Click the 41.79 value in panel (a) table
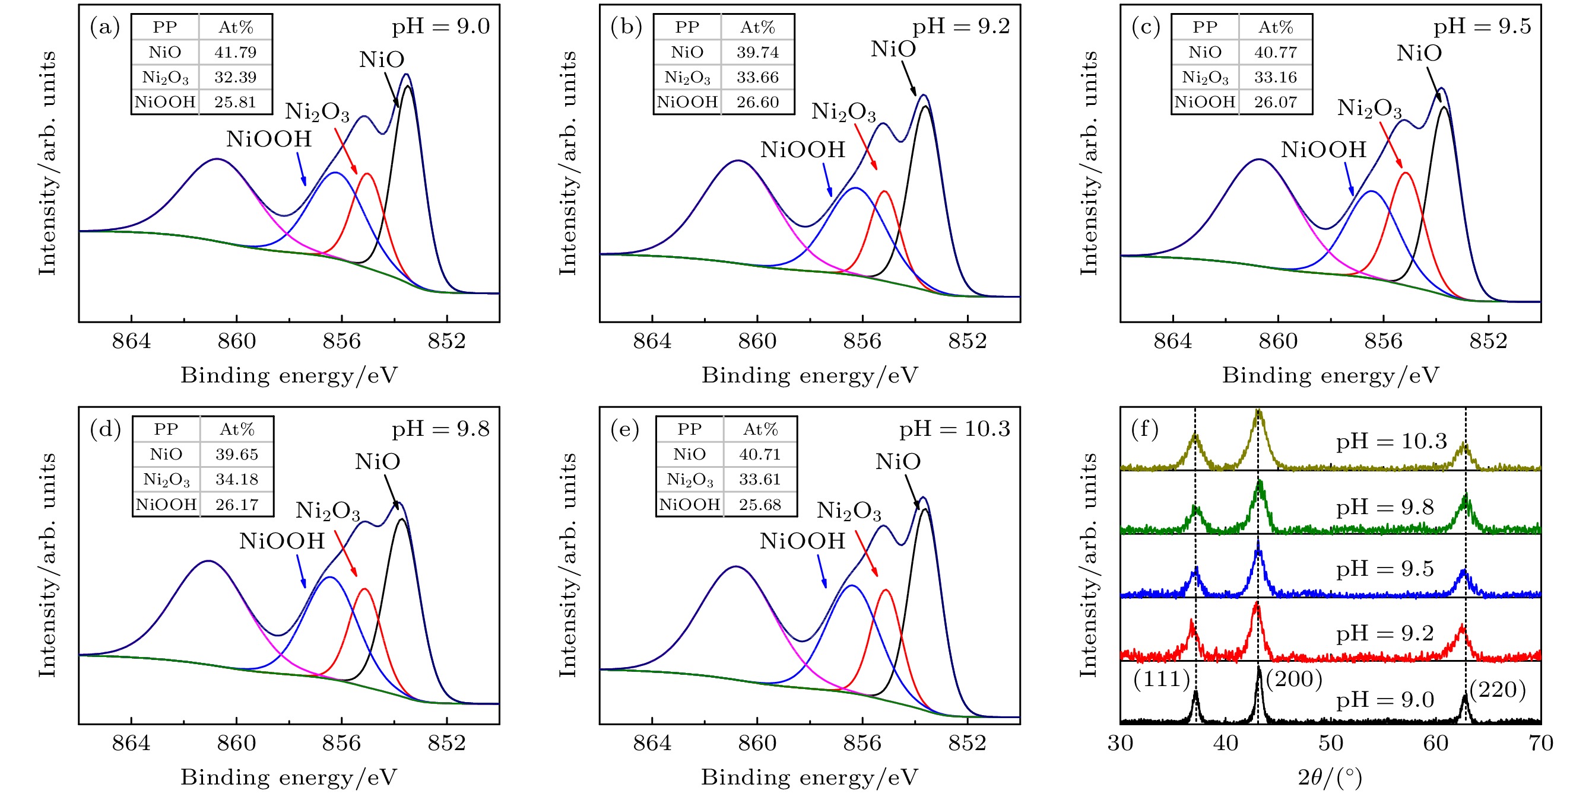[235, 52]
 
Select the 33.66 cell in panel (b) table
[757, 78]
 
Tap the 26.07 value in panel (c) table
[1275, 103]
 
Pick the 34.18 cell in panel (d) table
[236, 480]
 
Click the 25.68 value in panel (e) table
[759, 505]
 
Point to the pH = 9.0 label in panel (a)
[440, 27]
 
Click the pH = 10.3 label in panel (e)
[954, 429]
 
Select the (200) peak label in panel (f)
[1294, 680]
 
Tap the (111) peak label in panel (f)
[1162, 680]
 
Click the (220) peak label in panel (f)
[1498, 690]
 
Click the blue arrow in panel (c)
[1350, 181]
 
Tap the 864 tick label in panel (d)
[131, 744]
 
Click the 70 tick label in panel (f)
[1541, 744]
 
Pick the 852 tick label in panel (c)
[1488, 341]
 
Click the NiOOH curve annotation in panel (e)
[802, 541]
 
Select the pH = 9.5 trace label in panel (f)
[1385, 569]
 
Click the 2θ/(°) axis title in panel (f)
[1329, 778]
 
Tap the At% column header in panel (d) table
[237, 430]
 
